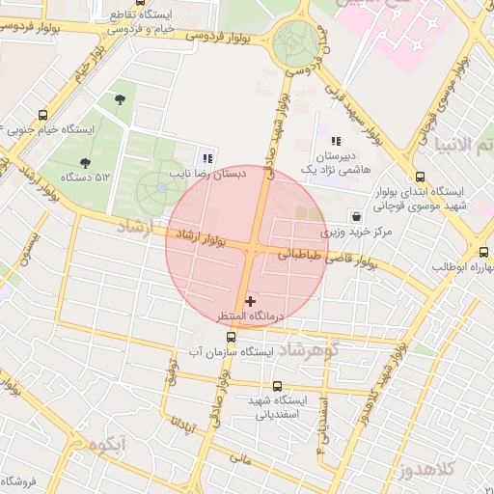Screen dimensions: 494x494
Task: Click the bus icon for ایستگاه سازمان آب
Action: click(231, 338)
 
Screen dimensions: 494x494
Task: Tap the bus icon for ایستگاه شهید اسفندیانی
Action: click(279, 384)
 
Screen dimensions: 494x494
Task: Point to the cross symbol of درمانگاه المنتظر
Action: click(251, 301)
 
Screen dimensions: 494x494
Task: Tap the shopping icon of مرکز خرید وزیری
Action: click(358, 217)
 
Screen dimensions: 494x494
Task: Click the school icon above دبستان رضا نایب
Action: click(207, 158)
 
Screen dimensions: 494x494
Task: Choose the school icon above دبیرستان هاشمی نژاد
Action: click(336, 141)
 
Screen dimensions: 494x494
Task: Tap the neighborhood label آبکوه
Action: click(106, 445)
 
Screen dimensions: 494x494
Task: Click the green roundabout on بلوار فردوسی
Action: click(294, 43)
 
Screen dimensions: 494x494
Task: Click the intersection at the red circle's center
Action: click(247, 247)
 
